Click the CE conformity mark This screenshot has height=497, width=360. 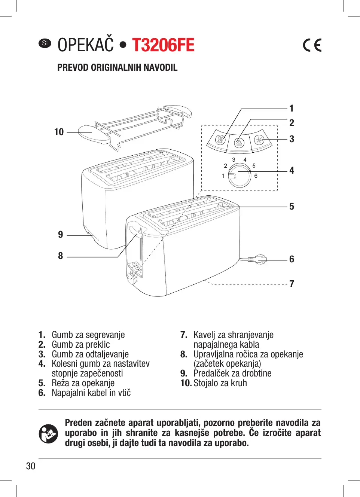[x=312, y=45]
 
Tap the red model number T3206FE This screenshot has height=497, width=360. [x=163, y=45]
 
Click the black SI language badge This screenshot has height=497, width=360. [x=45, y=43]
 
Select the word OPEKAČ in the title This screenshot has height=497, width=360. [x=85, y=45]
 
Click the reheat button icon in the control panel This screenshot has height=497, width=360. [x=220, y=140]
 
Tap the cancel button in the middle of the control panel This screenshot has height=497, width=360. [x=239, y=143]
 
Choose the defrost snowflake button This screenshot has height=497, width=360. [x=259, y=140]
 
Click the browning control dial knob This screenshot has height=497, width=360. [x=239, y=176]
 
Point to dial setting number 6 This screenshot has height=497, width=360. [x=256, y=176]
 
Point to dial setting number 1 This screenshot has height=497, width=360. [x=223, y=176]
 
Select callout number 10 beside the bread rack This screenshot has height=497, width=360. [x=59, y=132]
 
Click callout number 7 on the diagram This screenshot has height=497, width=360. [x=292, y=284]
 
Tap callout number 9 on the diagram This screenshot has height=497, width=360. [x=61, y=235]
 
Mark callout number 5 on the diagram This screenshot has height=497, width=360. [x=292, y=207]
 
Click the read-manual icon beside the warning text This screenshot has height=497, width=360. [x=48, y=433]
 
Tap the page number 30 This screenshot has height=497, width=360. [x=31, y=466]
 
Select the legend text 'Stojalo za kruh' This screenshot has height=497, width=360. [x=220, y=383]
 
